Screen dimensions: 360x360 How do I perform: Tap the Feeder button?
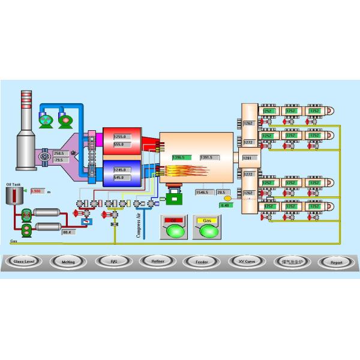(201, 262)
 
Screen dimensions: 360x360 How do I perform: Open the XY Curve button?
(245, 262)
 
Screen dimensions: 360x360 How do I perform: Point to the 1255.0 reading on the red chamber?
(120, 137)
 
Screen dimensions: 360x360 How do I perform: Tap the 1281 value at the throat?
(247, 158)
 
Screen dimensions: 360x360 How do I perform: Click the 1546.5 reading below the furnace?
(203, 193)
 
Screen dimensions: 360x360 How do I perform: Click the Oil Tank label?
(13, 185)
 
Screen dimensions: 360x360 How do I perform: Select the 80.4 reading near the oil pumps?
(67, 232)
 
